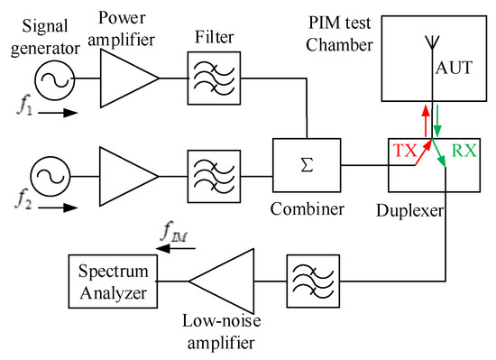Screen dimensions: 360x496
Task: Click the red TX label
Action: [x=404, y=152]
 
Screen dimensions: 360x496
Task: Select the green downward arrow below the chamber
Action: [x=439, y=121]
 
